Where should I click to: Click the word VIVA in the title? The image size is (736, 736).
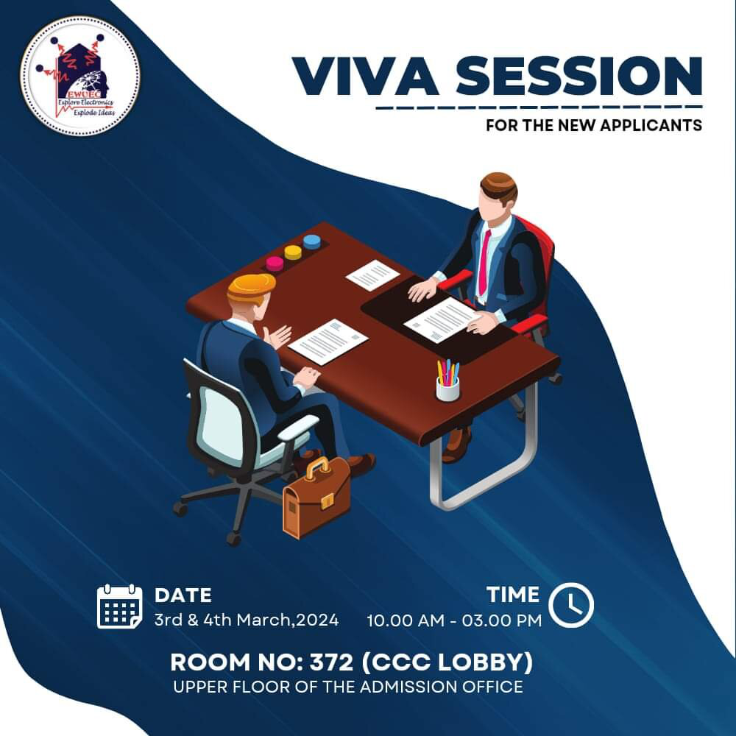(x=366, y=76)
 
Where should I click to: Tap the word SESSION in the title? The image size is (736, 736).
(x=579, y=76)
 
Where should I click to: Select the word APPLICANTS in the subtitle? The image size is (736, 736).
(x=651, y=125)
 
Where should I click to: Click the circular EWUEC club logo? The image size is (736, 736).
(x=80, y=76)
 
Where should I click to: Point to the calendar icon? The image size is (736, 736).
(x=120, y=606)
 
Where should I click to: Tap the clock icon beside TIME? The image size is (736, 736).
(x=571, y=604)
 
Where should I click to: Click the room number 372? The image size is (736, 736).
(x=331, y=662)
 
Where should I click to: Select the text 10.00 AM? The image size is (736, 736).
(x=405, y=620)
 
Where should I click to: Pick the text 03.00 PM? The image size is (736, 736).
(x=502, y=620)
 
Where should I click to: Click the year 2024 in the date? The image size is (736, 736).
(x=317, y=620)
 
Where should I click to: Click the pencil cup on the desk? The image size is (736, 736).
(x=447, y=381)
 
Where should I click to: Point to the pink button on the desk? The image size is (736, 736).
(x=275, y=263)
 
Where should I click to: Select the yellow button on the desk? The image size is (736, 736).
(x=293, y=252)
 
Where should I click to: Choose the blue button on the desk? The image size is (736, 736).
(x=311, y=241)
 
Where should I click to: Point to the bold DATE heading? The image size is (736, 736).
(x=183, y=595)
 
